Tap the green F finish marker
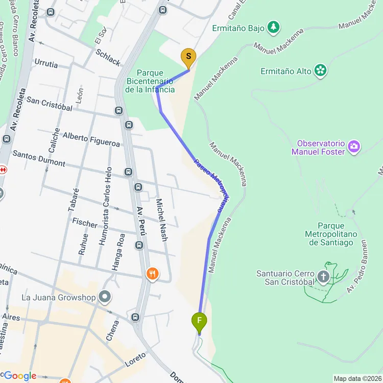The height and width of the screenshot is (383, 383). point(199,322)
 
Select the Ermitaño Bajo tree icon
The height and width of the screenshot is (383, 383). point(274,27)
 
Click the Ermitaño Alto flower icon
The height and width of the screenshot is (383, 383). point(321,70)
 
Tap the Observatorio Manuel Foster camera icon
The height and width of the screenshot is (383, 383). point(353,148)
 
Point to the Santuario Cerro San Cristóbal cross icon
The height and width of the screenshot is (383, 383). point(323,277)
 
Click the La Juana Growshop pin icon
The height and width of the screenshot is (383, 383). point(105,296)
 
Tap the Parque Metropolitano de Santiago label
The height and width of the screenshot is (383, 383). point(331,234)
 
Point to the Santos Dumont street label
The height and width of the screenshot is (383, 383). point(39,158)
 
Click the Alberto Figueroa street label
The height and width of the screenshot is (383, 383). point(91,139)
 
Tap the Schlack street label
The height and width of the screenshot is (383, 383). point(108,57)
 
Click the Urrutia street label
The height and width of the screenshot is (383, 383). point(46,65)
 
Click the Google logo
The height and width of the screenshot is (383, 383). point(19,376)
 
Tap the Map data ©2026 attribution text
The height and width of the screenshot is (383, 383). point(357,378)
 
